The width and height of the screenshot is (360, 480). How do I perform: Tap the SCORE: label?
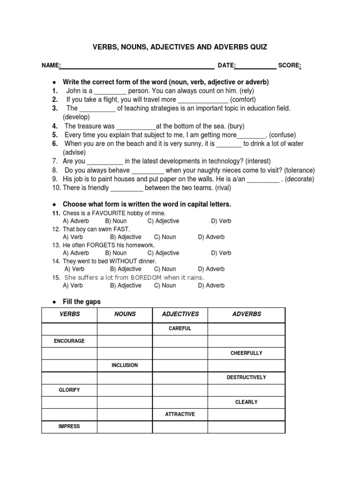289,65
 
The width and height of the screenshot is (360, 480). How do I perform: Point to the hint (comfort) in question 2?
243,99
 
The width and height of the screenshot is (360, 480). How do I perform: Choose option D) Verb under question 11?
221,221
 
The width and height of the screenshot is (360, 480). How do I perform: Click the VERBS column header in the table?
69,314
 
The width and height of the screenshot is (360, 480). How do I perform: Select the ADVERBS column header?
247,314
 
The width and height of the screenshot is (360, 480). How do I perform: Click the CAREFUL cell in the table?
180,329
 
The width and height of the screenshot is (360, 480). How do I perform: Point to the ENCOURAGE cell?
69,341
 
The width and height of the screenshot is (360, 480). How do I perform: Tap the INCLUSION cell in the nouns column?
125,365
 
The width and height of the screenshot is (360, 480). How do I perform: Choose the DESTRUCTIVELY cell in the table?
246,377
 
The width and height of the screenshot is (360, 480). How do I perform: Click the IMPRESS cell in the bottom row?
69,426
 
